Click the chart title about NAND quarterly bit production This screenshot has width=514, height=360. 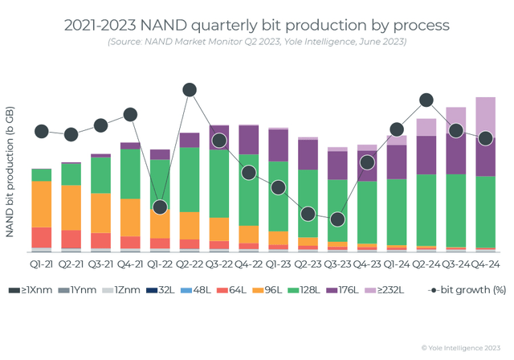[256, 24]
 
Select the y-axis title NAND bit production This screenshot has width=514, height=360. [10, 172]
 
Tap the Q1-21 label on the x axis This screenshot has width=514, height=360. [42, 264]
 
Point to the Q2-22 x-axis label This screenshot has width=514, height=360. [190, 264]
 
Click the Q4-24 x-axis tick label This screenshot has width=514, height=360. [484, 264]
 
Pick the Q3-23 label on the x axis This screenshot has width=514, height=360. [337, 264]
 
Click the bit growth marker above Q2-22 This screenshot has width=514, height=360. [190, 90]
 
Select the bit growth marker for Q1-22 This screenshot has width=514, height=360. [160, 207]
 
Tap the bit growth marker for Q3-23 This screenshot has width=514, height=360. [337, 219]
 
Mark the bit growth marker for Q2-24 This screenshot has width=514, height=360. [426, 100]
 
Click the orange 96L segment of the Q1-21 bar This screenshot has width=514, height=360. [42, 204]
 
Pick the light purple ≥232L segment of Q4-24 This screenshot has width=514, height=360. [484, 117]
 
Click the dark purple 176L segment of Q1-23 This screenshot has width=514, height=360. [278, 145]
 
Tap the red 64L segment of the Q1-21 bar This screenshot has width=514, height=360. [42, 237]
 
